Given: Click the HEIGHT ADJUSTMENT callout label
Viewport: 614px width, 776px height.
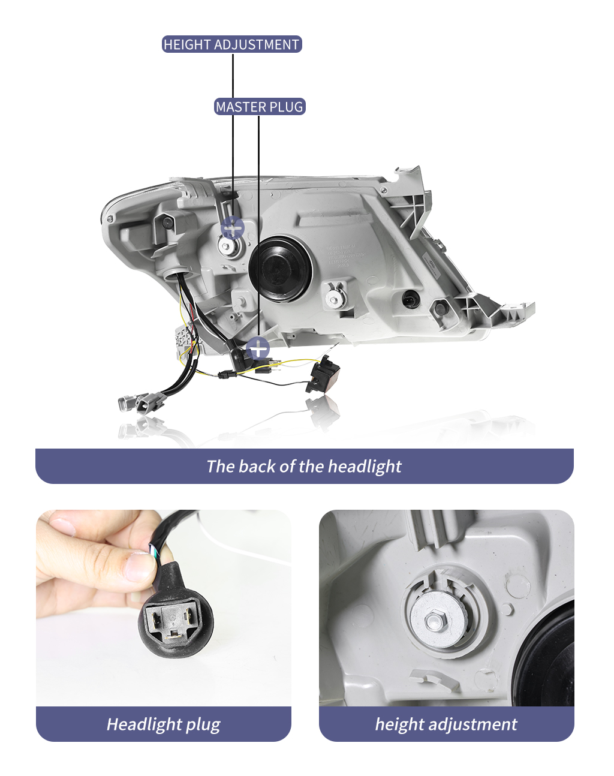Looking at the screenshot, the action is coord(232,44).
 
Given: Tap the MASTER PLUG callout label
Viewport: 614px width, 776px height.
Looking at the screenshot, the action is coord(260,107).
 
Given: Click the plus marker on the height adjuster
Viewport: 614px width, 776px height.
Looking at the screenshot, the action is coord(233,228).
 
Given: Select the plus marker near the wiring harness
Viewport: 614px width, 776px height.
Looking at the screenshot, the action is coord(258,348).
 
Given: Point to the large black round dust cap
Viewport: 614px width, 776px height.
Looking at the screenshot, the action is coord(280,269).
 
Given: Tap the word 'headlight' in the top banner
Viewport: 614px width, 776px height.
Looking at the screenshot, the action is coord(365,466).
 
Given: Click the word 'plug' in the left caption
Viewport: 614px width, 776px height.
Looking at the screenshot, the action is coord(203,724).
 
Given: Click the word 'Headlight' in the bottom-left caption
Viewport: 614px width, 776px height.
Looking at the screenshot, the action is coord(145,724).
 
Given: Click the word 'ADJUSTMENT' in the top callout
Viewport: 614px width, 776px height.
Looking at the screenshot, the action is coord(257,44).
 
